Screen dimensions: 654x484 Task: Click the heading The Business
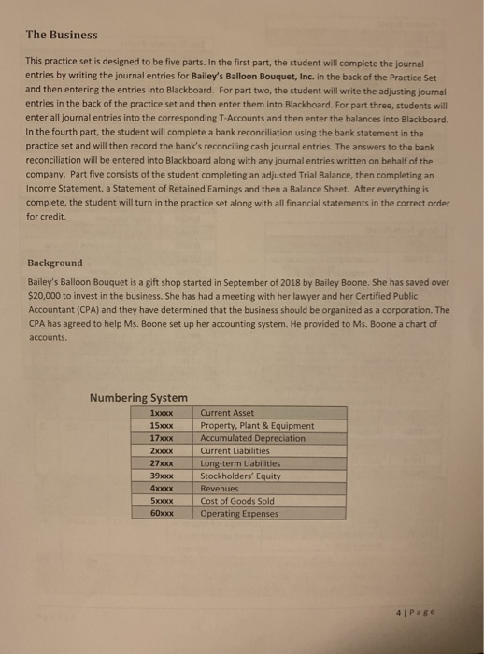61,35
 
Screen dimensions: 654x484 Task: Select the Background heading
54,263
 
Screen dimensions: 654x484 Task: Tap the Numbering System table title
138,397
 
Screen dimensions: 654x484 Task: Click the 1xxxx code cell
162,412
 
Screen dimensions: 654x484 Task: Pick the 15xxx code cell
162,425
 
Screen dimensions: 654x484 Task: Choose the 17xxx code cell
162,438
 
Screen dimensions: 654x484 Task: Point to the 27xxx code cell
162,463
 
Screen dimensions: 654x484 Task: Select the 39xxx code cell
162,476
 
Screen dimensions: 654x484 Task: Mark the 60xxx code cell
162,514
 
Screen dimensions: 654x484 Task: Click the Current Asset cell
228,412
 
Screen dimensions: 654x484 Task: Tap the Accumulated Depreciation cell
253,438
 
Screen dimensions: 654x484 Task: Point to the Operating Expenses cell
240,514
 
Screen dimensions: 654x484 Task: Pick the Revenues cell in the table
221,489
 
